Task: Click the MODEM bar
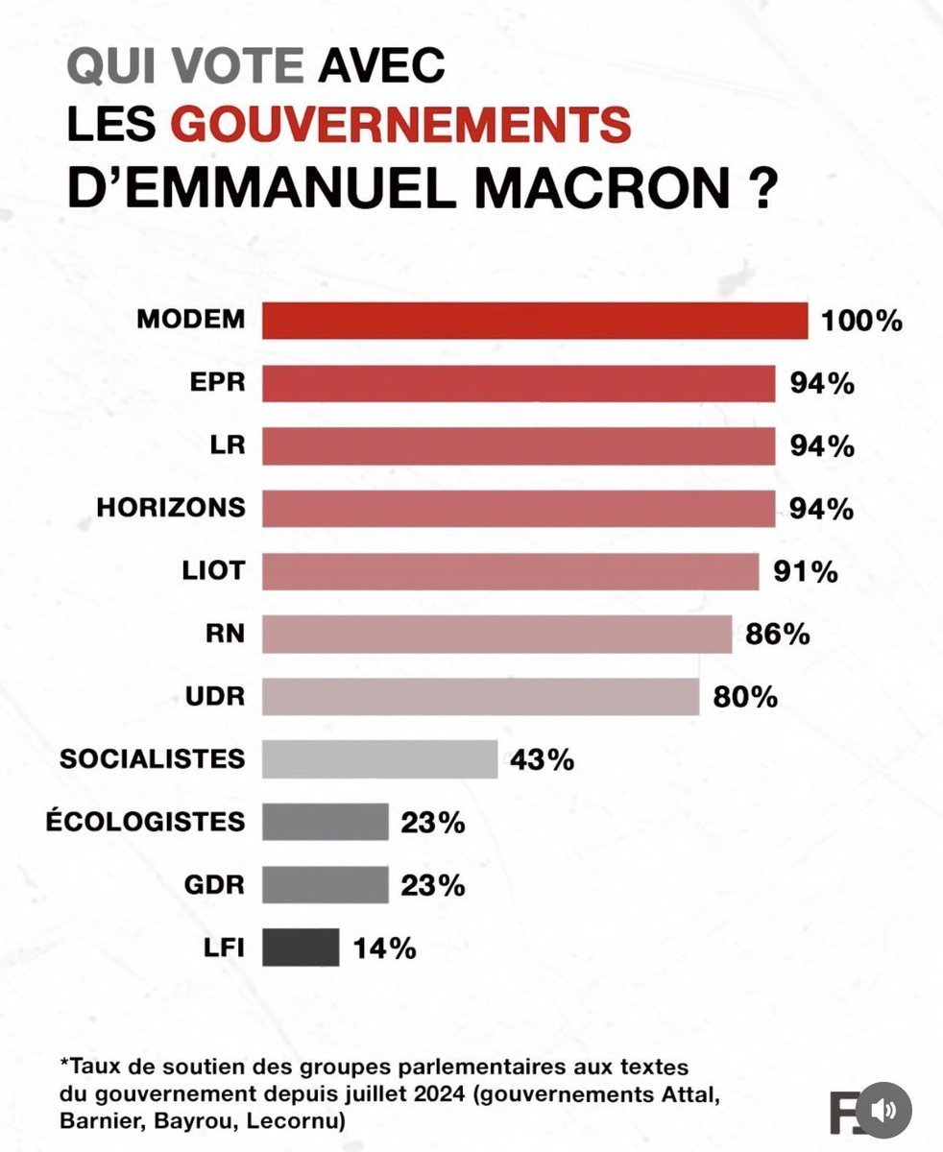(535, 320)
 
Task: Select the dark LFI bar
(301, 948)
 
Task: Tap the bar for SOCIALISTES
(379, 758)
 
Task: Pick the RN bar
(497, 634)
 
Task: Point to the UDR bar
(481, 696)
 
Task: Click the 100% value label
(861, 321)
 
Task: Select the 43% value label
(542, 759)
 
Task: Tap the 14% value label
(385, 948)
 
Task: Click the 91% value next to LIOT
(806, 572)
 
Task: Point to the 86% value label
(778, 635)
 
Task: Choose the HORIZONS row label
(171, 508)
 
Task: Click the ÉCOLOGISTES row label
(145, 821)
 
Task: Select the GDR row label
(214, 885)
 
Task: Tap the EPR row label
(217, 382)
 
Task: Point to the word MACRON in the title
(602, 187)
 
